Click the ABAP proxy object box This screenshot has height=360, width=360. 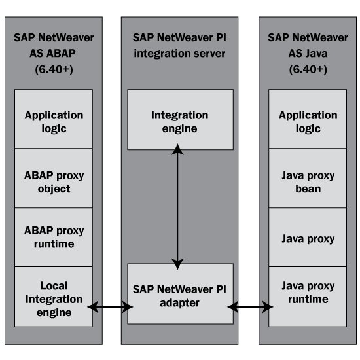54,178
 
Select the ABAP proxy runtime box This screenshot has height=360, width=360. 54,238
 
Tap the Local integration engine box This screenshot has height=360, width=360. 54,297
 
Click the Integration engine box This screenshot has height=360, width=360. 181,119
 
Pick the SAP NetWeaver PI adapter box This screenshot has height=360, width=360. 181,294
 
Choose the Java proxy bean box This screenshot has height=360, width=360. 308,178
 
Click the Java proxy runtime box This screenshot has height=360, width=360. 308,297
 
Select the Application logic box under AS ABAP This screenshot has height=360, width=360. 54,119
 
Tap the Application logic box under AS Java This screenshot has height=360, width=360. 308,119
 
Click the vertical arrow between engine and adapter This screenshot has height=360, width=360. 177,207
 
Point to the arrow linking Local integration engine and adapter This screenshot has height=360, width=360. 110,307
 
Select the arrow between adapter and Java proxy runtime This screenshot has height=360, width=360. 250,307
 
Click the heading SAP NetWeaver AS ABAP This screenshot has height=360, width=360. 54,45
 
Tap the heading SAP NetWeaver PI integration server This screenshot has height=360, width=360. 179,45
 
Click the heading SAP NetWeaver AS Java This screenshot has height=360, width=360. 308,45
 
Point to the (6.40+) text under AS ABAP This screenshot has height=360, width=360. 54,69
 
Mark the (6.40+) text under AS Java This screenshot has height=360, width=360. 308,69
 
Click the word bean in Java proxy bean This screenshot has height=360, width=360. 308,189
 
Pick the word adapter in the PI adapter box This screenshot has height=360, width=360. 179,303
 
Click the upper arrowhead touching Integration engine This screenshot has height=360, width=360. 177,149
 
